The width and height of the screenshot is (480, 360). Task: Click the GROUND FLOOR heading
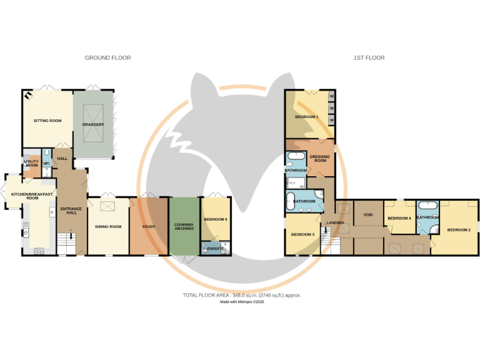107,57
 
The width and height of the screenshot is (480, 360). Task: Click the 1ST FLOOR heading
369,57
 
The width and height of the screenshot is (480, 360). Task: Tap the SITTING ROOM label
47,121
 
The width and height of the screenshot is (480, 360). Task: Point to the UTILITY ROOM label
31,163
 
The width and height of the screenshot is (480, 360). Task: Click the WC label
46,164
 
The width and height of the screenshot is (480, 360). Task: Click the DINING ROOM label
108,226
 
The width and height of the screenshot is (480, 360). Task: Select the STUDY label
149,226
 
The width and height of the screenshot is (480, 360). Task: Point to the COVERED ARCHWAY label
184,226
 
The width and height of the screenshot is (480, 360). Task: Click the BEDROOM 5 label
216,219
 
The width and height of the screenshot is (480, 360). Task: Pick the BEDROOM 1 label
307,117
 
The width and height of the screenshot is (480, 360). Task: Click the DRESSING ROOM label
320,159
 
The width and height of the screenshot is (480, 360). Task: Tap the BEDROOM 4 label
399,218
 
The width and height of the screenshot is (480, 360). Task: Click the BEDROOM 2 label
459,229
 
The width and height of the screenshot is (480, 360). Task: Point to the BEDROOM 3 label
302,234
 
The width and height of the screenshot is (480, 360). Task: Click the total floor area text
241,295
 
